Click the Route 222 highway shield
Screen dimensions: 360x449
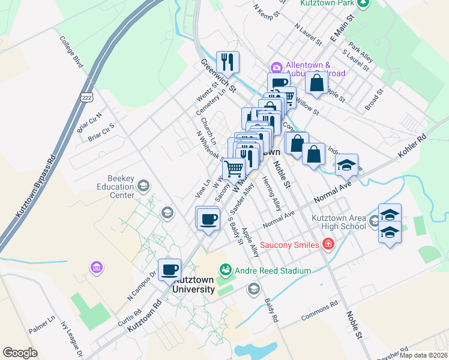pos(87,98)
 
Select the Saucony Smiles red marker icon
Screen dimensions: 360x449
pos(328,243)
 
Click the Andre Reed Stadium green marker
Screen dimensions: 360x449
pos(226,271)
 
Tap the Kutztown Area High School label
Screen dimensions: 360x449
pos(339,222)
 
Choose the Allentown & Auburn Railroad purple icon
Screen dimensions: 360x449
pos(277,67)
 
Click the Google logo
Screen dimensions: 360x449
pos(20,353)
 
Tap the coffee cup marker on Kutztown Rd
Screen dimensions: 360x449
pos(169,269)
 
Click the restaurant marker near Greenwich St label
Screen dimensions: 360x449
pos(228,61)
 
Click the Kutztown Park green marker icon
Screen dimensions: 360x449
pos(363,3)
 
